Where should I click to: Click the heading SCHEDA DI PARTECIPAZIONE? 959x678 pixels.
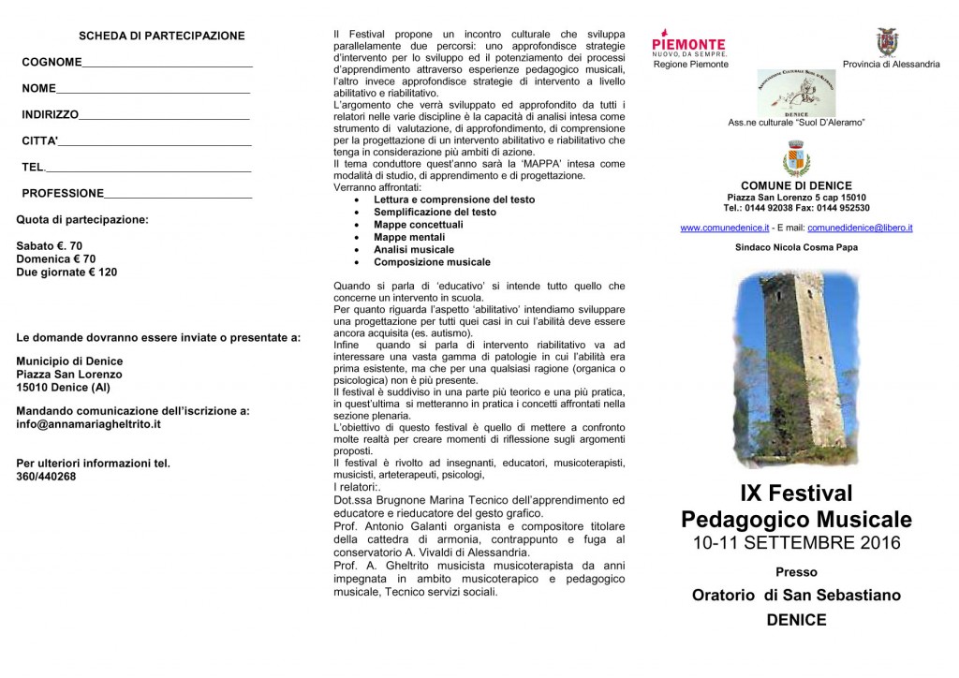pyautogui.click(x=161, y=37)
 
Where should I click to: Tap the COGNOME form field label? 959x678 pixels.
pyautogui.click(x=52, y=63)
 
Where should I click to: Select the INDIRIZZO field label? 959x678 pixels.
pyautogui.click(x=51, y=115)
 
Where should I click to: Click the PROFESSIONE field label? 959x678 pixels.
pyautogui.click(x=63, y=194)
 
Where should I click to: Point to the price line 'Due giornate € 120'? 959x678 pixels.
pyautogui.click(x=66, y=273)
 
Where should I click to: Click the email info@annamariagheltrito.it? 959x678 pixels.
pyautogui.click(x=89, y=424)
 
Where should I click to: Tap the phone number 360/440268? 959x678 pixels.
pyautogui.click(x=47, y=477)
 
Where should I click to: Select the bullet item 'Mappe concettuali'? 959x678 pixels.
pyautogui.click(x=418, y=225)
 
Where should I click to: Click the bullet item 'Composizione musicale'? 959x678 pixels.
pyautogui.click(x=432, y=262)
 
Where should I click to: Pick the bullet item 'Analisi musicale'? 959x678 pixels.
pyautogui.click(x=413, y=250)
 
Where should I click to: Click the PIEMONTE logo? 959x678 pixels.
pyautogui.click(x=688, y=44)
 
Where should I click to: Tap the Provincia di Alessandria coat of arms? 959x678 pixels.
pyautogui.click(x=886, y=42)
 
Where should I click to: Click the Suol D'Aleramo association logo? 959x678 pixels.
pyautogui.click(x=795, y=93)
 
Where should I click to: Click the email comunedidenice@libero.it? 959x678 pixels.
pyautogui.click(x=860, y=228)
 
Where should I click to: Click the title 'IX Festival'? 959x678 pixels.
pyautogui.click(x=796, y=494)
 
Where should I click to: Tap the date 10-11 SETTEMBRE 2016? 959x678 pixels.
pyautogui.click(x=796, y=543)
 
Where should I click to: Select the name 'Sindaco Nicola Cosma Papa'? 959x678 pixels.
pyautogui.click(x=796, y=247)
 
